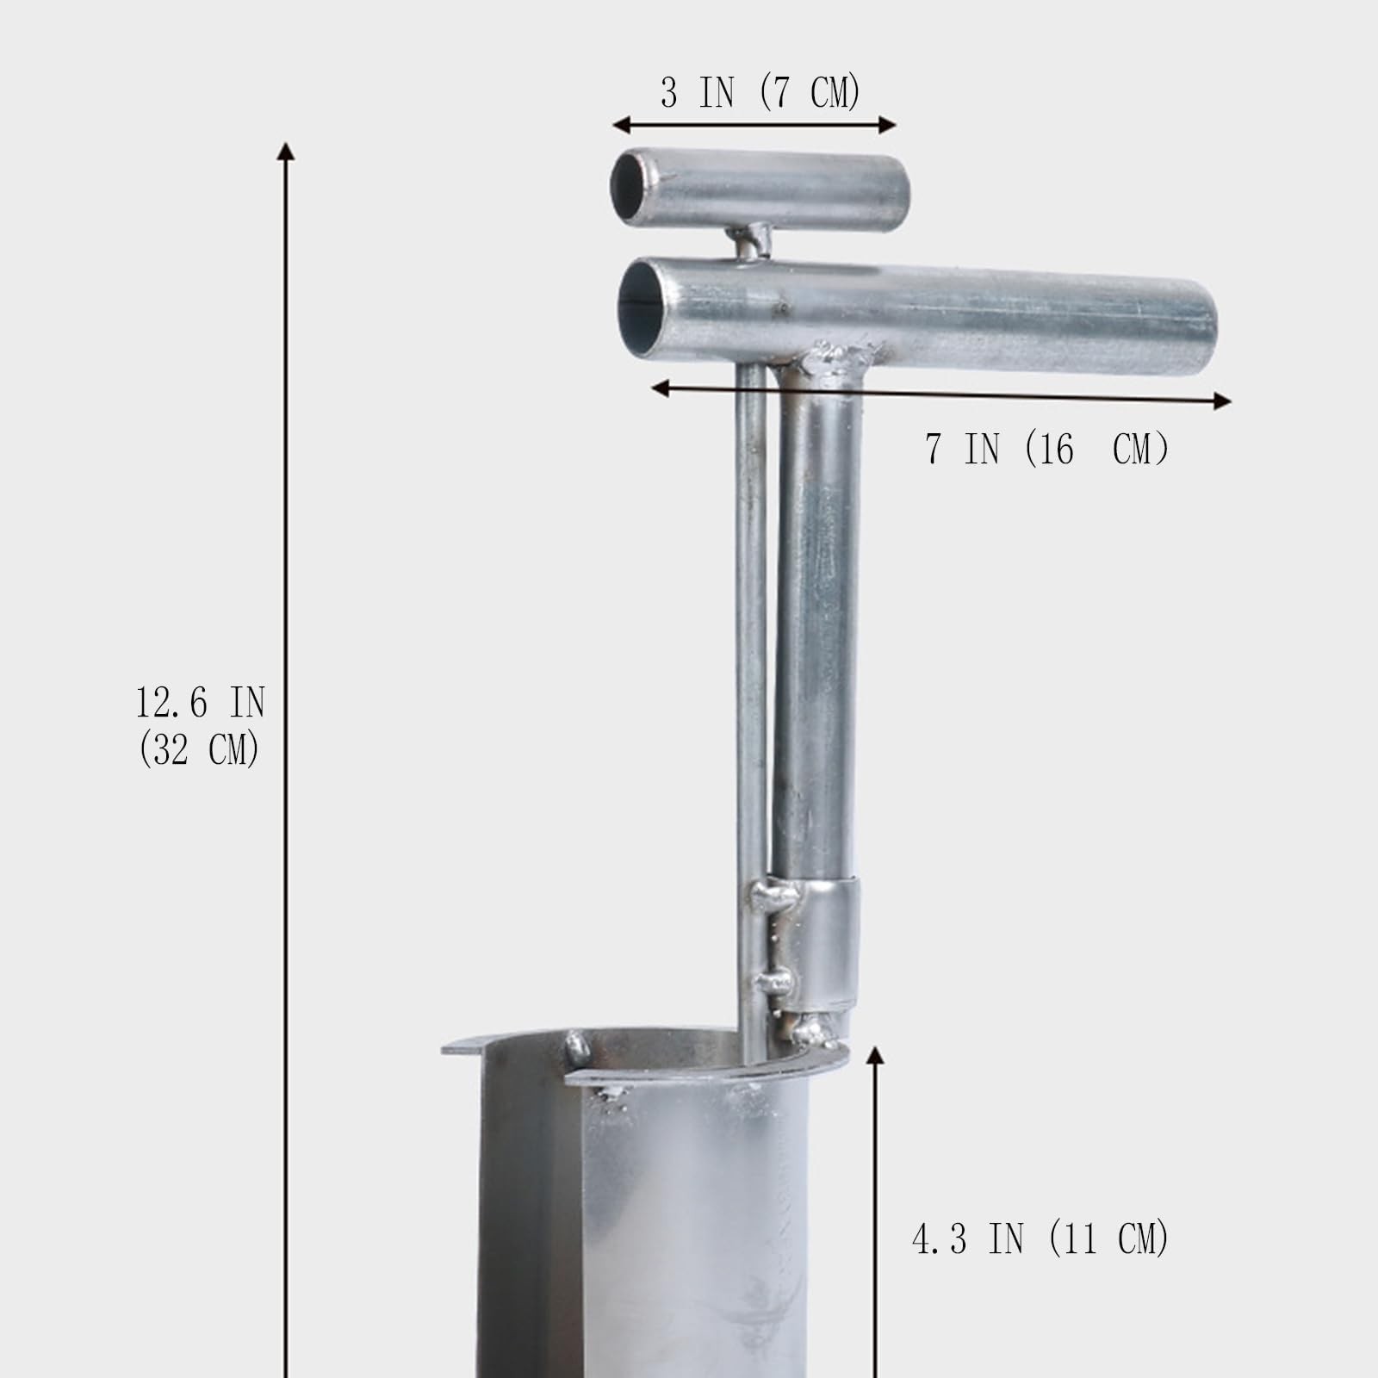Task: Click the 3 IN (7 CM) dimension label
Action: click(760, 92)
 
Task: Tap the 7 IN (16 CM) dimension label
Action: click(1046, 449)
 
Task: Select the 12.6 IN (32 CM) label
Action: click(200, 725)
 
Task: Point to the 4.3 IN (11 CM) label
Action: click(1040, 1238)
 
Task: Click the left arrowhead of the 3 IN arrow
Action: click(621, 126)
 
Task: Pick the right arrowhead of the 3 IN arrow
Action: click(887, 126)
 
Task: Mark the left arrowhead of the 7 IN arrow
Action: click(661, 388)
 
